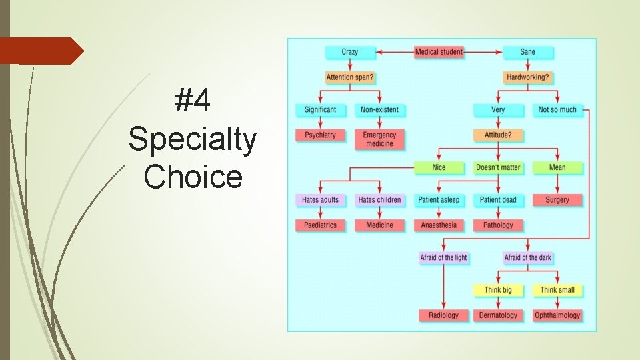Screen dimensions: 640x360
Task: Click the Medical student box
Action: pos(439,52)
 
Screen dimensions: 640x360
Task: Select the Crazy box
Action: pos(349,52)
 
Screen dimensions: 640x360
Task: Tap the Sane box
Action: pos(527,52)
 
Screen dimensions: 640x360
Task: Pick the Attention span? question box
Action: pos(349,77)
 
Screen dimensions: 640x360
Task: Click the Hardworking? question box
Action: pos(527,77)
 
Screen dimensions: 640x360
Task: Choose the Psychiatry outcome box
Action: pos(320,135)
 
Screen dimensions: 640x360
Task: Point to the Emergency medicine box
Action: pos(379,139)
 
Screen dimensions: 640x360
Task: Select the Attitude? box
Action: pos(498,135)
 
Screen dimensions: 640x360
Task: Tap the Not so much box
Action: pos(557,109)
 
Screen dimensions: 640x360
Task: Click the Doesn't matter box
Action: pos(498,167)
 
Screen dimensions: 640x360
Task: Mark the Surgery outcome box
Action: pos(557,199)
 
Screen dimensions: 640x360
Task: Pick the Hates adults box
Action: pos(320,199)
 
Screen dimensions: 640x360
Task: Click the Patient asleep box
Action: pos(439,199)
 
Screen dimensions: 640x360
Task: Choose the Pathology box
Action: pos(498,225)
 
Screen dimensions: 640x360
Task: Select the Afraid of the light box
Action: pos(443,257)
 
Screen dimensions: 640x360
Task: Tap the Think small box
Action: pos(557,290)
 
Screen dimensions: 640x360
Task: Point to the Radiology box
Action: pos(443,315)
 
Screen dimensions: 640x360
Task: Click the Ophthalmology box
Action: pos(557,315)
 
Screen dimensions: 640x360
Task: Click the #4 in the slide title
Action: pos(193,102)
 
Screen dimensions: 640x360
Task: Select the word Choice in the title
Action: pos(193,177)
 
